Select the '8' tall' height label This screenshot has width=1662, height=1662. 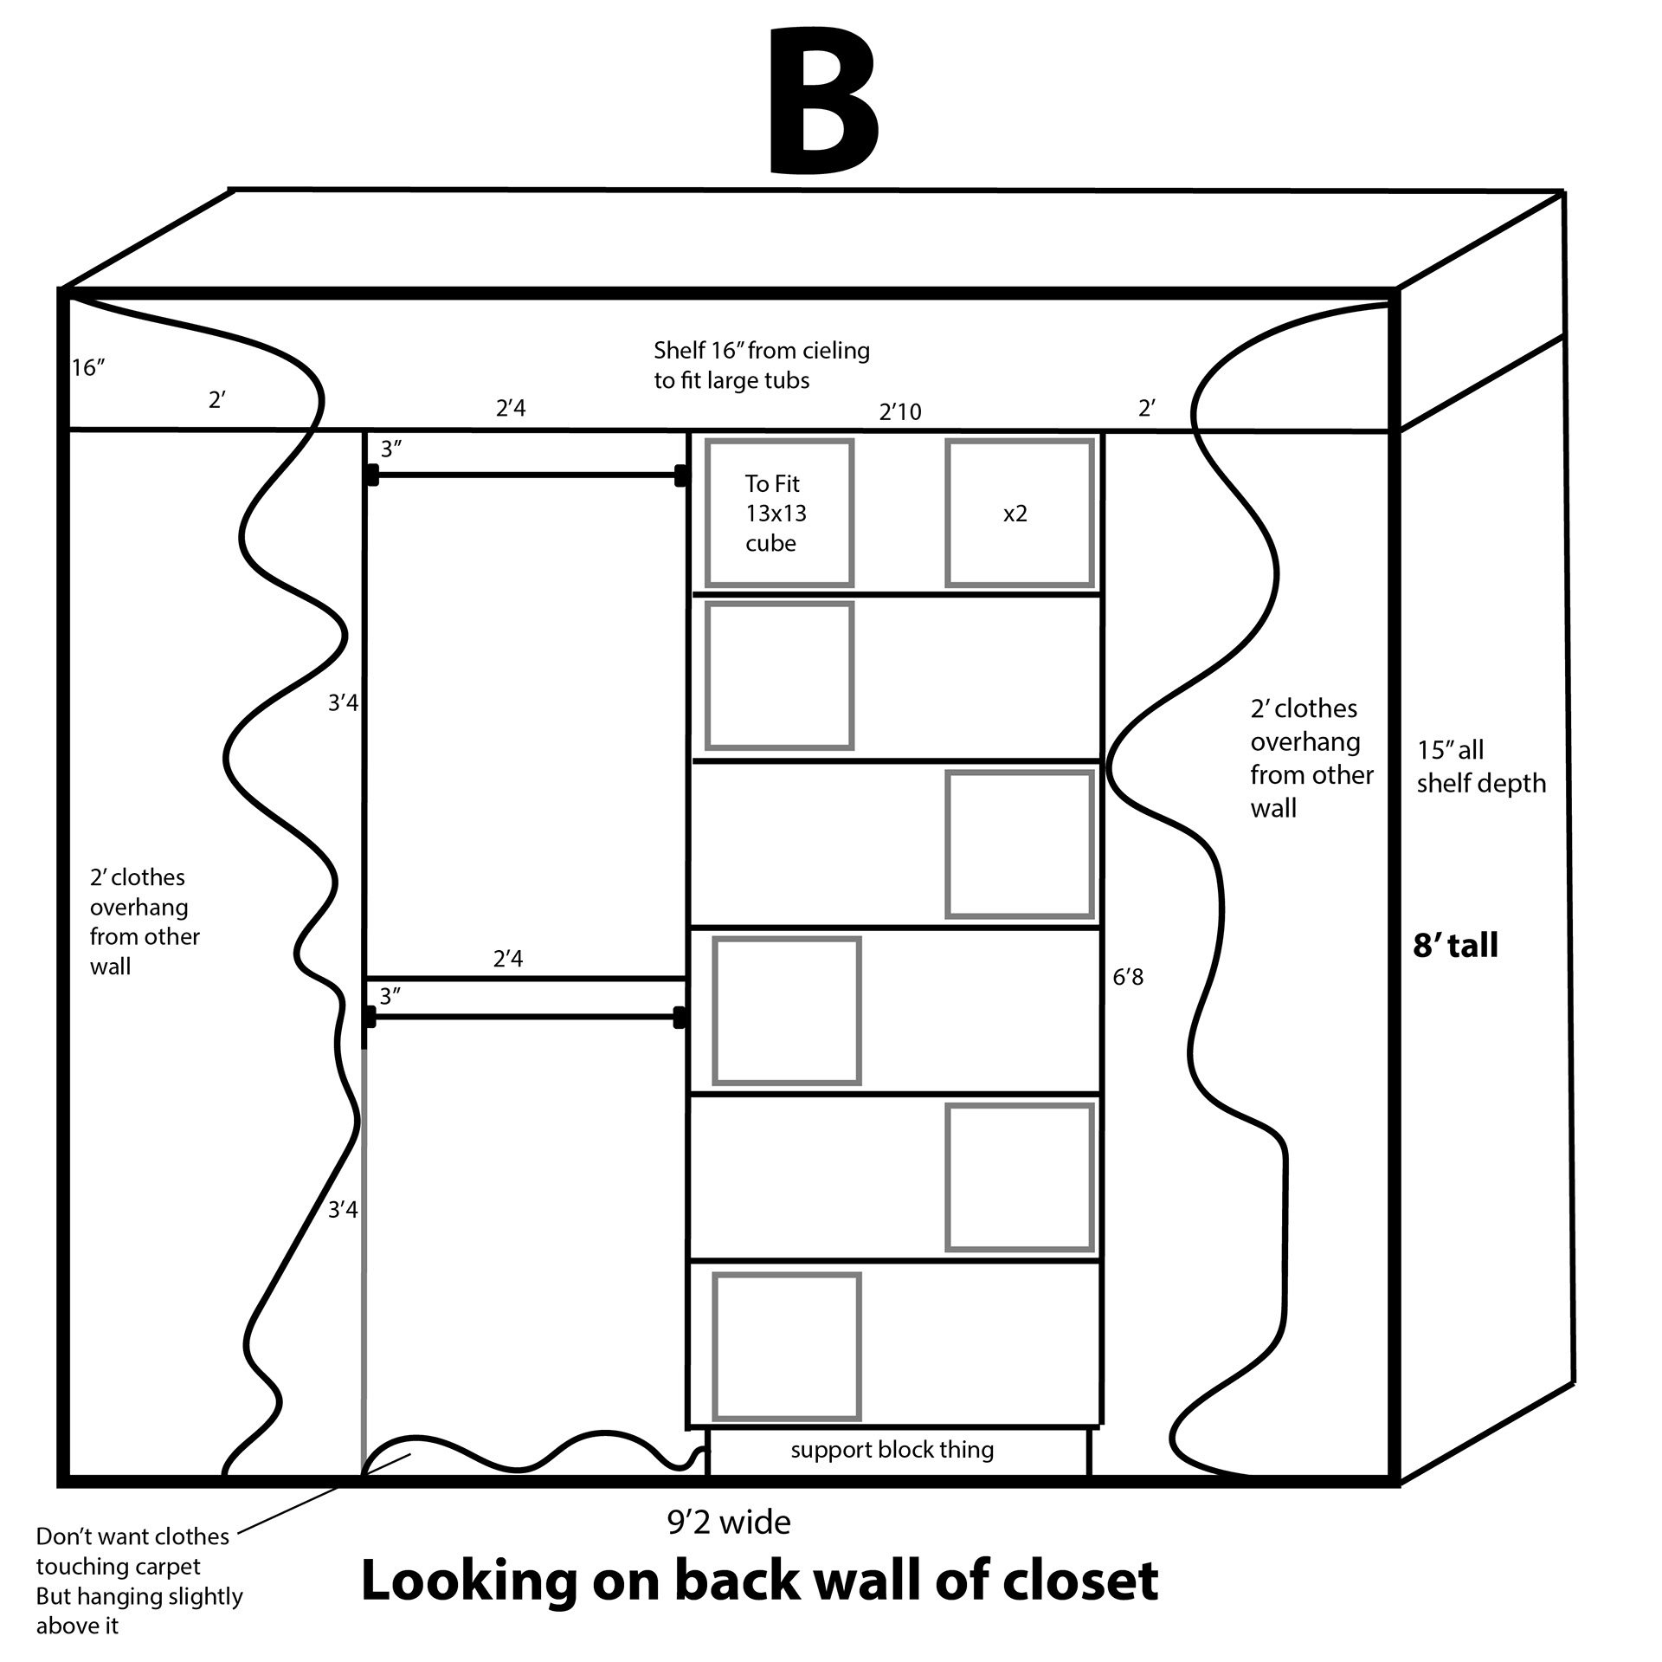[1455, 945]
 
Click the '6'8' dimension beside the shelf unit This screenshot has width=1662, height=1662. [1128, 977]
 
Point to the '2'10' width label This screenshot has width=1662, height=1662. [900, 411]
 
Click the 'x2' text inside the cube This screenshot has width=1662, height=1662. [1015, 514]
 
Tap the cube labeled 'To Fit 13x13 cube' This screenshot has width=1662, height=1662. [779, 513]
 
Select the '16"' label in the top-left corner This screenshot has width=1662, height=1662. [88, 368]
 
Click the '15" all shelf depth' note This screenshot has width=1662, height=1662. [1480, 766]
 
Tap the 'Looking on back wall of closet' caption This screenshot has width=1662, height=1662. [759, 1580]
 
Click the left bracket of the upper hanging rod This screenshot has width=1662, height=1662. [372, 475]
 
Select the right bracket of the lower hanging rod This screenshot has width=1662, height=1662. [680, 1017]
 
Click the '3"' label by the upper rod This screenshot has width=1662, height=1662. [391, 449]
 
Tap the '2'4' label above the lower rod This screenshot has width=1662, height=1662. [508, 959]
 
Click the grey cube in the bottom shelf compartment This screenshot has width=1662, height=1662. [786, 1346]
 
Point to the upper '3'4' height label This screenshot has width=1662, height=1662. [343, 702]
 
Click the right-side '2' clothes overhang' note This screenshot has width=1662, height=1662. [1311, 758]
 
